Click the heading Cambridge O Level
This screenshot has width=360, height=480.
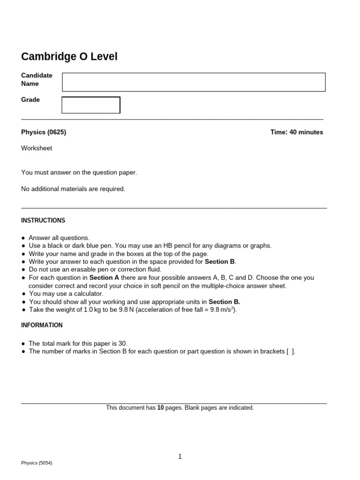pyautogui.click(x=69, y=57)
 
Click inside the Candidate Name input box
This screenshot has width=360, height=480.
pyautogui.click(x=194, y=82)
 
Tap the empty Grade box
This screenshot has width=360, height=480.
pyautogui.click(x=91, y=105)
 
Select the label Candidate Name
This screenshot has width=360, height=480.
pyautogui.click(x=37, y=80)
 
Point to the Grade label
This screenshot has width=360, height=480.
pyautogui.click(x=30, y=100)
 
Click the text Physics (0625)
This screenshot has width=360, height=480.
pyautogui.click(x=44, y=132)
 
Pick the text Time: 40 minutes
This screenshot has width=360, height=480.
pyautogui.click(x=296, y=132)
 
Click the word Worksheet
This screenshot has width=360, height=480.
pyautogui.click(x=37, y=148)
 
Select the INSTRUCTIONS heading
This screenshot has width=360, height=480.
pyautogui.click(x=43, y=220)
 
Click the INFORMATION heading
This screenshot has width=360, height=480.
pyautogui.click(x=42, y=325)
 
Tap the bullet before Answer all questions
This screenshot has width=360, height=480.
pyautogui.click(x=23, y=238)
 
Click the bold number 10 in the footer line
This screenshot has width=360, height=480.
pyautogui.click(x=160, y=408)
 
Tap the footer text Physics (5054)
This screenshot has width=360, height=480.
pyautogui.click(x=37, y=463)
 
